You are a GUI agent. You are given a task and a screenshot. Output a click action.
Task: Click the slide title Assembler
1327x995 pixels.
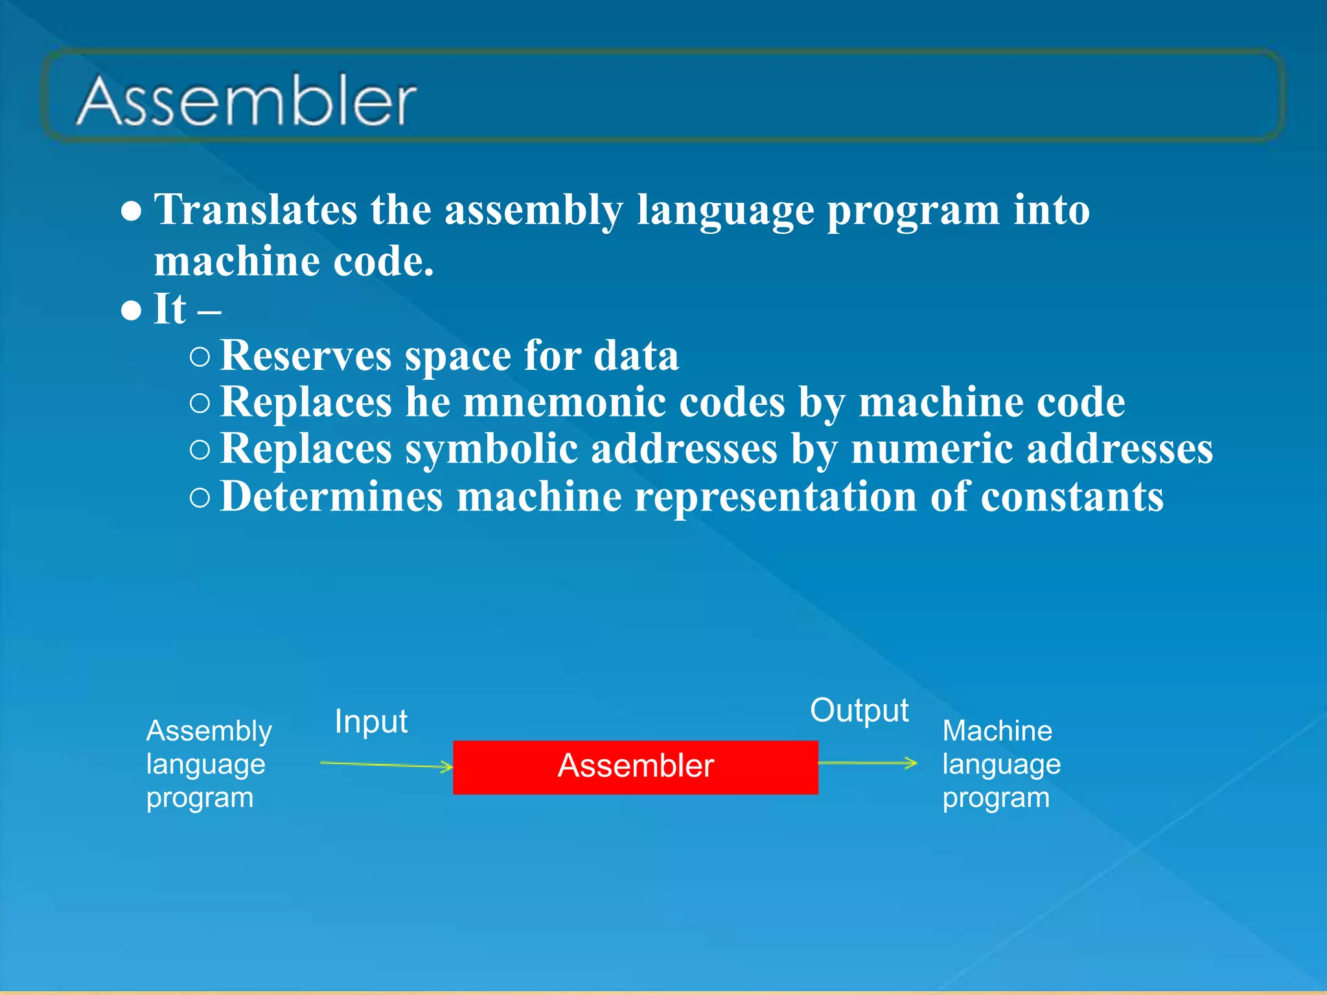point(247,101)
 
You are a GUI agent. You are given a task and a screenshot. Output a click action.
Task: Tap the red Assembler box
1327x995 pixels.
point(635,767)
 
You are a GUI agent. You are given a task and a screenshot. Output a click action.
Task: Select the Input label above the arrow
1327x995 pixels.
point(371,722)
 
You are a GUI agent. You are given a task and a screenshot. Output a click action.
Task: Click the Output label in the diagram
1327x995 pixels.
point(859,711)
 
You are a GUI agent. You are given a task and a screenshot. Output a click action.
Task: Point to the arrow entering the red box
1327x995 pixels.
point(387,765)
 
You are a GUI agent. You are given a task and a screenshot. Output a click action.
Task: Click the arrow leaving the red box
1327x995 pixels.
point(868,763)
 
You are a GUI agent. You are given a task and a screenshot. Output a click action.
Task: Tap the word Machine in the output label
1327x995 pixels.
point(997,731)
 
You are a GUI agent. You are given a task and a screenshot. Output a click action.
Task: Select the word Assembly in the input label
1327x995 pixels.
point(209,731)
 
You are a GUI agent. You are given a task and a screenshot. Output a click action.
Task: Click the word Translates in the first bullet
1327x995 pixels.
point(255,210)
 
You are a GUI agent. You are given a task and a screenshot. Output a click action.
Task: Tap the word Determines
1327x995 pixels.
point(331,497)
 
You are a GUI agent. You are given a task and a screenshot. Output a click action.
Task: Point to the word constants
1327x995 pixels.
point(1072,497)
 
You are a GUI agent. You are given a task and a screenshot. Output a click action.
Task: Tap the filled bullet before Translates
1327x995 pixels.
point(132,212)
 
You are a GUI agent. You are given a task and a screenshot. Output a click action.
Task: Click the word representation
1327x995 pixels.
point(775,497)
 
